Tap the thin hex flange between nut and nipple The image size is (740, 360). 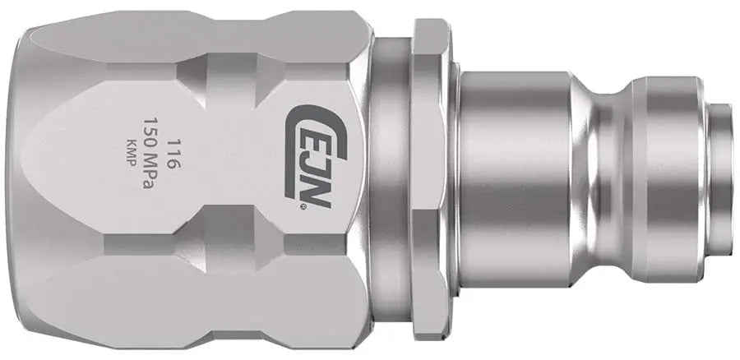(x=429, y=179)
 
